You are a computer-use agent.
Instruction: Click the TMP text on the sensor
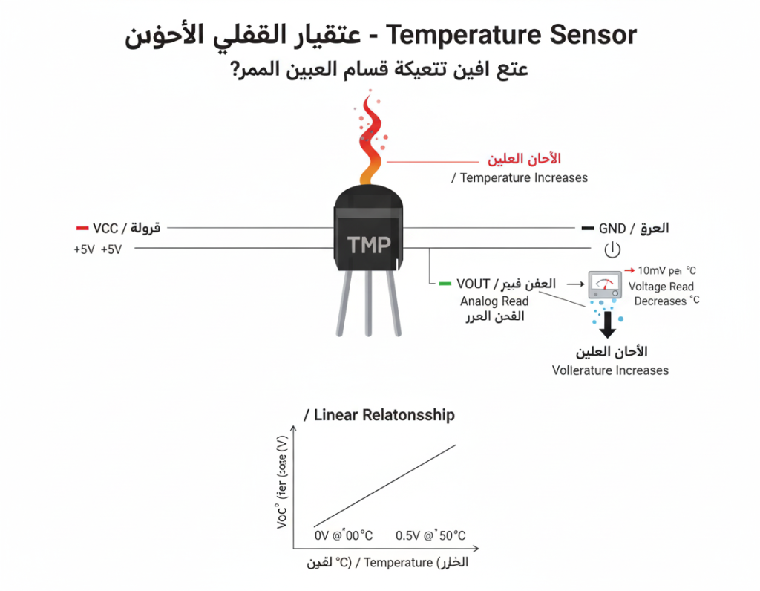point(369,245)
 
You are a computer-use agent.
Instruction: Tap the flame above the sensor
point(369,141)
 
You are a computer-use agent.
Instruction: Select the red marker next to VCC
point(82,228)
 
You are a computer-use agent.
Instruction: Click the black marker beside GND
point(587,228)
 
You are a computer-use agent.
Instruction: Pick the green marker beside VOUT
point(445,284)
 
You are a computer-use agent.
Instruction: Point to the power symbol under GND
point(612,249)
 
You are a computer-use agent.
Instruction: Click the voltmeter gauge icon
point(605,284)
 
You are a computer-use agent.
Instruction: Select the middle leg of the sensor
point(368,304)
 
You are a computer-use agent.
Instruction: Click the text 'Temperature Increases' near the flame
point(524,178)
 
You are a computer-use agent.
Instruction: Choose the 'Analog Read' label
point(494,301)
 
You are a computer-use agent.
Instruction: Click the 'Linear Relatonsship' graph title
point(384,415)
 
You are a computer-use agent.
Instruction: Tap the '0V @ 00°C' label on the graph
point(343,535)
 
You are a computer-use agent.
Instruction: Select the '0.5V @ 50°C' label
point(430,535)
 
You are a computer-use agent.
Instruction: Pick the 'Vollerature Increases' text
point(610,370)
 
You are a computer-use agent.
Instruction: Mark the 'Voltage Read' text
point(661,287)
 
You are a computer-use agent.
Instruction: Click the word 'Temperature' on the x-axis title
point(398,563)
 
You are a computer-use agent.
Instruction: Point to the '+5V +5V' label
point(97,250)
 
